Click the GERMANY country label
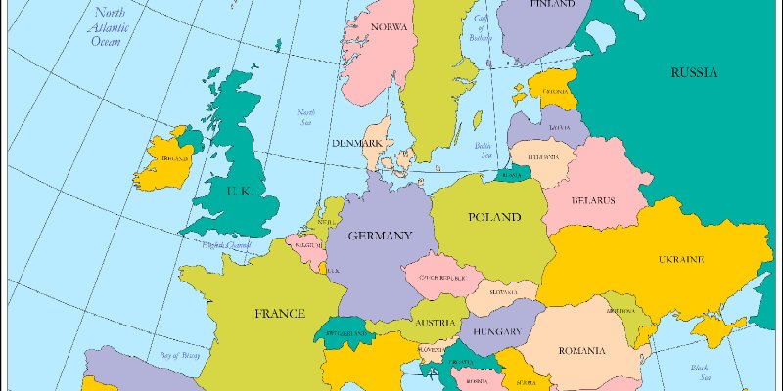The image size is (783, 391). tap(380, 236)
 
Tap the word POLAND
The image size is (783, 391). tap(493, 217)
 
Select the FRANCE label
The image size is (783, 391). tap(280, 314)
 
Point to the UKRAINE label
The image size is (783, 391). tap(680, 260)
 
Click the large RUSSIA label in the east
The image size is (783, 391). tap(694, 73)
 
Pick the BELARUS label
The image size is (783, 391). tap(593, 201)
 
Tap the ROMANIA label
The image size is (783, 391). tap(583, 350)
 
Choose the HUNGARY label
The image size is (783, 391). tap(497, 331)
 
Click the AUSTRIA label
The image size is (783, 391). tap(434, 323)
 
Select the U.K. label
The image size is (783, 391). tap(239, 192)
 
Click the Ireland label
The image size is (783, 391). tap(175, 157)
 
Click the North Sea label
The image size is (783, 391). tap(306, 117)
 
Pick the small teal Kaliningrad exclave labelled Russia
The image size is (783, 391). tap(511, 174)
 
